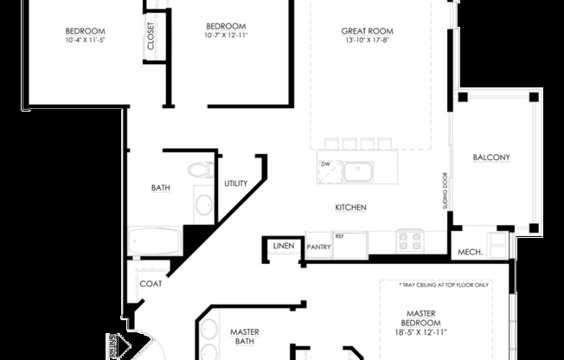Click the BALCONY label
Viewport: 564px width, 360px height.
tap(491, 157)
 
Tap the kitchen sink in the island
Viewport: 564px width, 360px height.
tap(356, 171)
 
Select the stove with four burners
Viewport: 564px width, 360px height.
tap(409, 240)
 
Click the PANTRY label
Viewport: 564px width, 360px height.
tap(319, 247)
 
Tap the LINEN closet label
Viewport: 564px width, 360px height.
tap(284, 247)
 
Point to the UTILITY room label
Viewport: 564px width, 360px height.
tap(236, 183)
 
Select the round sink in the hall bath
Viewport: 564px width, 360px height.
tap(203, 204)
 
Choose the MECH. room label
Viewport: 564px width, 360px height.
tap(469, 253)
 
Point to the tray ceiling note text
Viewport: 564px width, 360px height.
tap(444, 285)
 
